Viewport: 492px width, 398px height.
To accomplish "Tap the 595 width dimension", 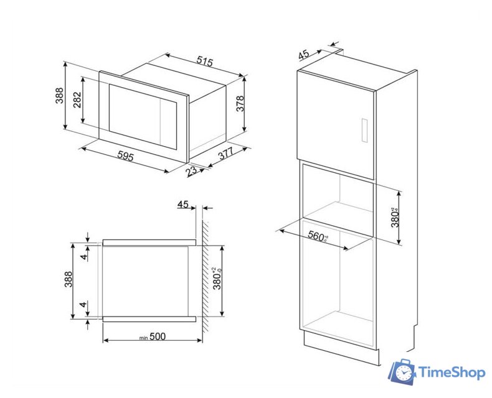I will pyautogui.click(x=125, y=157).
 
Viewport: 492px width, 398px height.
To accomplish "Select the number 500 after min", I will pyautogui.click(x=158, y=336).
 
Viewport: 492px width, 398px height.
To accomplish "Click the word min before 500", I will pyautogui.click(x=143, y=338).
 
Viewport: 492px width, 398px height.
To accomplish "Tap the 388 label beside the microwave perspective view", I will pyautogui.click(x=59, y=95).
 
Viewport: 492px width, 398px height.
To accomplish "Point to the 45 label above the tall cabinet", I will pyautogui.click(x=304, y=54).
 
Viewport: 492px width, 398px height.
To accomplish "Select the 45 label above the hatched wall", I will pyautogui.click(x=182, y=204).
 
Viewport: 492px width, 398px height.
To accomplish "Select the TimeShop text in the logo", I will pyautogui.click(x=450, y=373).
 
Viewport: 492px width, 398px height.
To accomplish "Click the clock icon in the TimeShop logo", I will pyautogui.click(x=404, y=373).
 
